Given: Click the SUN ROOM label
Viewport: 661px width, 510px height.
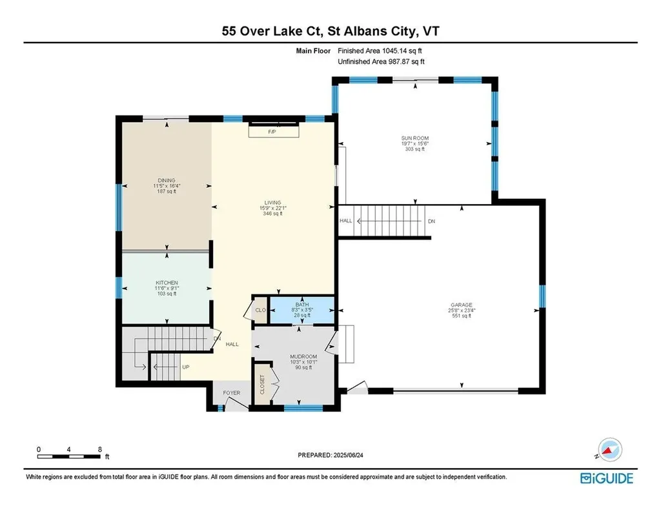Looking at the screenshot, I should click(x=414, y=138).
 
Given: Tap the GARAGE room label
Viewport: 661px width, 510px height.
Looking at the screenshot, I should click(x=462, y=305).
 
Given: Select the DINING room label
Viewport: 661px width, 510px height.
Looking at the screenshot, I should click(x=167, y=181).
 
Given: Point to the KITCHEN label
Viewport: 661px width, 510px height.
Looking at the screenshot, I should click(x=167, y=283).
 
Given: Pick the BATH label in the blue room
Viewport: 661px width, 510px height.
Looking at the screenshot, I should click(x=302, y=304).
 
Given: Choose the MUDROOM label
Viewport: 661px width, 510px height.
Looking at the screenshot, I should click(x=303, y=356).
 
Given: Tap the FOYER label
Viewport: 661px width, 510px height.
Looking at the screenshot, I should click(x=231, y=393).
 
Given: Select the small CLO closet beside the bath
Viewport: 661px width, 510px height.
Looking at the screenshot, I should click(x=260, y=310).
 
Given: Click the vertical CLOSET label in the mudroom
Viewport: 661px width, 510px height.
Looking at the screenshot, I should click(x=262, y=383).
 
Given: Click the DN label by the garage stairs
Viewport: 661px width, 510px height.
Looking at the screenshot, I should click(x=432, y=221).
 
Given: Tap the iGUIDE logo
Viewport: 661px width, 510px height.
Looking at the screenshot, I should click(x=606, y=478).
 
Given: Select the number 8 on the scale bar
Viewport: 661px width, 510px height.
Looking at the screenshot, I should click(x=99, y=448).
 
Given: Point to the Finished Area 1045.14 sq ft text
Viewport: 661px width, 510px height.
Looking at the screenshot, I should click(x=380, y=50).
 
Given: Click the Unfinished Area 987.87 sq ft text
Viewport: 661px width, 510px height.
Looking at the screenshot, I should click(x=381, y=61).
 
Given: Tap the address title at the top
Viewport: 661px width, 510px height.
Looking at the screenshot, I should click(x=330, y=30).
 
